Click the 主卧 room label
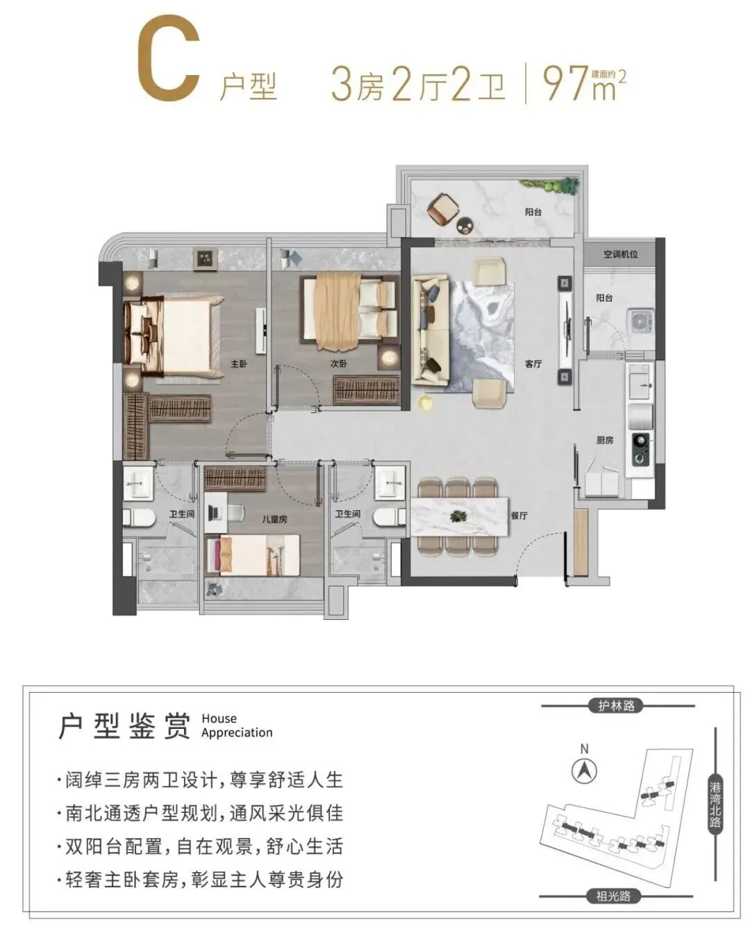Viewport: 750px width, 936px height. click(239, 363)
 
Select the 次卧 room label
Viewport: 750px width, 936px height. click(339, 363)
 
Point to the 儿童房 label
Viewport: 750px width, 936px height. click(274, 519)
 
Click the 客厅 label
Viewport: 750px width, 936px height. click(533, 363)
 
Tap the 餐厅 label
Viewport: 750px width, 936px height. click(519, 516)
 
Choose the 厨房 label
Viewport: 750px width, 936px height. click(604, 440)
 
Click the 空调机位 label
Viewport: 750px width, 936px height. click(620, 254)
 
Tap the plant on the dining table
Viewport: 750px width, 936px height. click(458, 516)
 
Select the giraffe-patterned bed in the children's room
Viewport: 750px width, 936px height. click(253, 555)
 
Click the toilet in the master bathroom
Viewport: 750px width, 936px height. click(139, 518)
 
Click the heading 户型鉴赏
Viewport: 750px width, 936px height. click(125, 725)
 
